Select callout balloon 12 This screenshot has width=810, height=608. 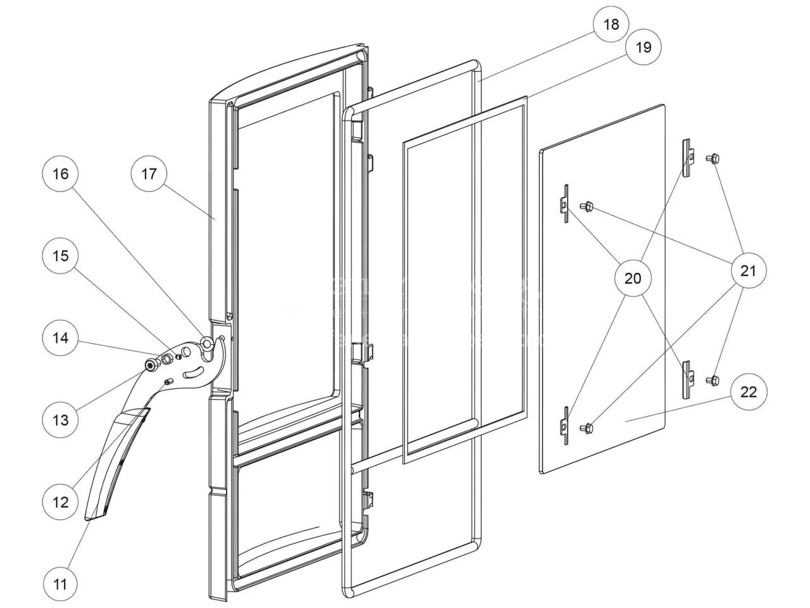(60, 502)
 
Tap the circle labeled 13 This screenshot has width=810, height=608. (60, 419)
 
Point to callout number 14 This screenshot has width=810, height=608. (60, 338)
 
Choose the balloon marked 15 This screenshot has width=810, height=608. (60, 256)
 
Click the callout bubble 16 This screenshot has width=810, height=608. (60, 174)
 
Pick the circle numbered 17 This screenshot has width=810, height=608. (149, 174)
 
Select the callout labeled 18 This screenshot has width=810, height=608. (611, 25)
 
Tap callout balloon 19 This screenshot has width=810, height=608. (643, 48)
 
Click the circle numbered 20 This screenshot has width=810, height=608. (633, 278)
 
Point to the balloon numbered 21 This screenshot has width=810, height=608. (748, 271)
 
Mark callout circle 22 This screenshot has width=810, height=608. (748, 392)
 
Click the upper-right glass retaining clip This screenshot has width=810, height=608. (688, 155)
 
